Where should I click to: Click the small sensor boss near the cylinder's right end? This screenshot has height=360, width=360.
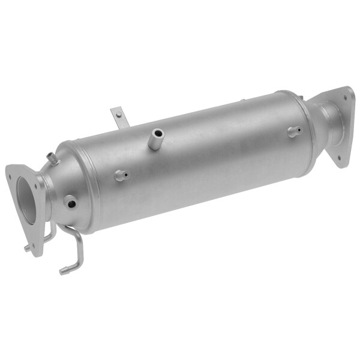(293, 131)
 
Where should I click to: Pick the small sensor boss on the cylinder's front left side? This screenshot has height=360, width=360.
(121, 175)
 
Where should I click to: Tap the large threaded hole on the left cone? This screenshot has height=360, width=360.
(71, 203)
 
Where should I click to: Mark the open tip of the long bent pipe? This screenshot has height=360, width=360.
(62, 271)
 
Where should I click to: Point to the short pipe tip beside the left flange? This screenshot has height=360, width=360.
(27, 247)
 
